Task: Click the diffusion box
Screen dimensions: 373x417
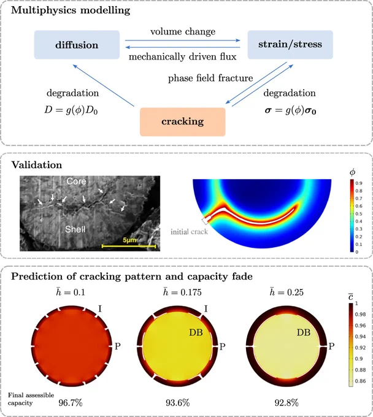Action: (x=77, y=45)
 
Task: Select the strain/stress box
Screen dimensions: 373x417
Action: (x=290, y=44)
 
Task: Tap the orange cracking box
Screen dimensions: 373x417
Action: (x=183, y=122)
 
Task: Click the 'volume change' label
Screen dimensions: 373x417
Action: (x=183, y=32)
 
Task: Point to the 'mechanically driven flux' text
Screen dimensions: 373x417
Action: (x=182, y=56)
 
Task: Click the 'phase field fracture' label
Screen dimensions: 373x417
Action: (x=210, y=78)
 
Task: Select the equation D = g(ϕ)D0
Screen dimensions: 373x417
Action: (x=71, y=110)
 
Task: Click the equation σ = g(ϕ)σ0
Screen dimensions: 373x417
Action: (x=291, y=110)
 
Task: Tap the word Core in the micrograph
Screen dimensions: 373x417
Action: (x=76, y=181)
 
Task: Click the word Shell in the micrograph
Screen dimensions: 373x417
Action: (x=75, y=229)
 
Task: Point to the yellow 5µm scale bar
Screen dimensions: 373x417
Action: (x=129, y=247)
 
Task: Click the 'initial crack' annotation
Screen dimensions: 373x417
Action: (x=189, y=232)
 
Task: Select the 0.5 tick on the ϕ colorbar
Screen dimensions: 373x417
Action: (x=359, y=214)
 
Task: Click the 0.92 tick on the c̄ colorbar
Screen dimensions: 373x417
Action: (x=360, y=348)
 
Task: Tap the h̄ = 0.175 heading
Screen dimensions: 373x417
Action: (x=182, y=293)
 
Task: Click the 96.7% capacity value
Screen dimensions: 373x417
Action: (x=71, y=403)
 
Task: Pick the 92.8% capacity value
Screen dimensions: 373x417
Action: (x=286, y=403)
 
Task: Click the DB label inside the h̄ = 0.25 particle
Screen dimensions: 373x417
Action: (x=304, y=332)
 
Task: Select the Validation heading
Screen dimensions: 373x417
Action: (x=37, y=165)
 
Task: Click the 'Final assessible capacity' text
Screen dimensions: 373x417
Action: (x=31, y=399)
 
